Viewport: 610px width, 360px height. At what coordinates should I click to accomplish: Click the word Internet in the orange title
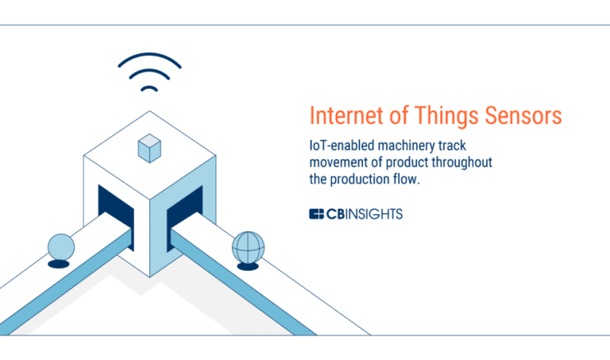coord(342,116)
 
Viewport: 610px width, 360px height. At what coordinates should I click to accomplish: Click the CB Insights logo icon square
coord(316,214)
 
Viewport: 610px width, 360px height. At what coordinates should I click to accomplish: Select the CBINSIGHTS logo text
coord(366,214)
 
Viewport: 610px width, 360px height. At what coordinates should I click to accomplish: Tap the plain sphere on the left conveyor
coord(60,246)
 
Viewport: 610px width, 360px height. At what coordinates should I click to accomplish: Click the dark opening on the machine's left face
coord(113,211)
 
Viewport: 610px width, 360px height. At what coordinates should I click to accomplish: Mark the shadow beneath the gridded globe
coord(248,266)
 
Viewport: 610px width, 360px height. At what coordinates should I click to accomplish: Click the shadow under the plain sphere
coord(60,263)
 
